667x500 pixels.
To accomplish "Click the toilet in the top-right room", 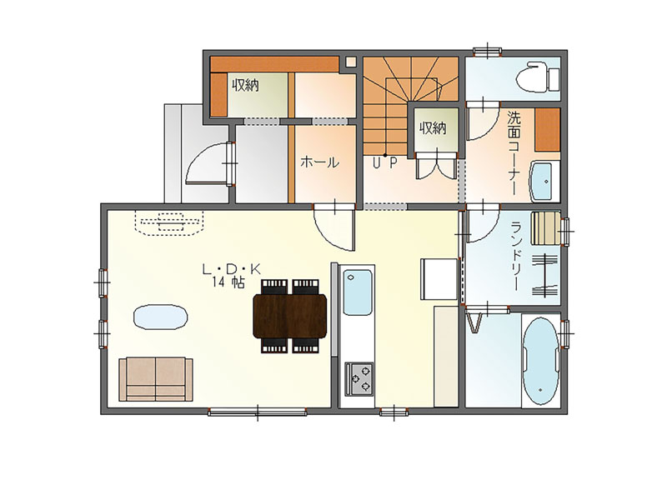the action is [x=538, y=77].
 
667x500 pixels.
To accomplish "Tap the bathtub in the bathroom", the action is [x=540, y=361].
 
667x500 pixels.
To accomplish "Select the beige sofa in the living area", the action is [x=156, y=379].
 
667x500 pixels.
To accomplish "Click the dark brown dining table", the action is [x=289, y=316].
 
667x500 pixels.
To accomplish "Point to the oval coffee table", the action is [x=160, y=317].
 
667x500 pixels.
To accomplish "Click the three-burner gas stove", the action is [x=359, y=378].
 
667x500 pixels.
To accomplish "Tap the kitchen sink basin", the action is [x=358, y=292].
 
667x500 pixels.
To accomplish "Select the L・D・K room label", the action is [x=231, y=268].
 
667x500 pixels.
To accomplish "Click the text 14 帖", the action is [x=228, y=282].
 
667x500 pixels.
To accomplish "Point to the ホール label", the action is [x=319, y=162].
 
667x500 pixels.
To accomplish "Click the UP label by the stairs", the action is [x=385, y=162].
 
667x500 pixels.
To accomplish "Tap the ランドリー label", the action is [x=517, y=256].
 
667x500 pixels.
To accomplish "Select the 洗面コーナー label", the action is [x=514, y=153].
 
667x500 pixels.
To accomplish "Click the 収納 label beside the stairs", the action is [x=433, y=127].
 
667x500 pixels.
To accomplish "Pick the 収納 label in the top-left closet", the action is [x=245, y=86].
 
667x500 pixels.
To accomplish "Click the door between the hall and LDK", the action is [x=334, y=227].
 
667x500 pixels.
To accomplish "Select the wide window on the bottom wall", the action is [x=258, y=412].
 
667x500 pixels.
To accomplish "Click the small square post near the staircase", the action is [x=350, y=62].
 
